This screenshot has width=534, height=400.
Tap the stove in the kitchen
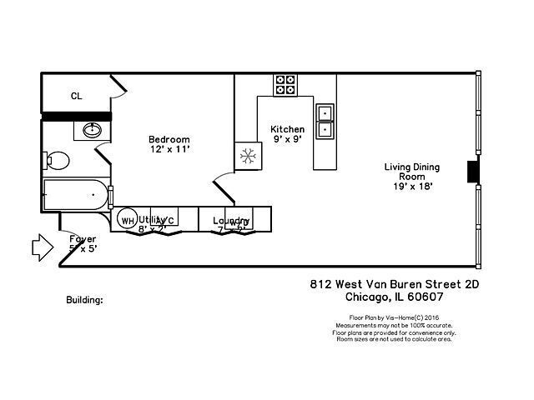[x=285, y=85]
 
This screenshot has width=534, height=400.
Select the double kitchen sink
[x=325, y=122]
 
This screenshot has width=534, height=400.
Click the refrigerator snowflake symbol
[x=247, y=156]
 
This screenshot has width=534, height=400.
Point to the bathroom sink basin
[x=91, y=130]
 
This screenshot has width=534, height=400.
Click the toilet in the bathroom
[x=56, y=159]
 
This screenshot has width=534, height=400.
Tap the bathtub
[x=75, y=196]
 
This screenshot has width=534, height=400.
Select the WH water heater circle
[x=127, y=221]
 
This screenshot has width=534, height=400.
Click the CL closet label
[x=76, y=96]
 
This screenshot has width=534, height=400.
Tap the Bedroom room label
[x=169, y=139]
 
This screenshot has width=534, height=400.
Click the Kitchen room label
[x=287, y=129]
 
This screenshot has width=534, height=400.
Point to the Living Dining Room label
[x=411, y=172]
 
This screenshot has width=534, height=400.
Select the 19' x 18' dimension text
[x=411, y=187]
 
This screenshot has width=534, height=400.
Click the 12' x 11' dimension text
[x=169, y=149]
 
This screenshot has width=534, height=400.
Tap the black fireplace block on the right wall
[x=473, y=171]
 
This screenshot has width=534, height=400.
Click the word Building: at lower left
[x=84, y=299]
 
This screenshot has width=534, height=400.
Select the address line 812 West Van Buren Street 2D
[x=394, y=283]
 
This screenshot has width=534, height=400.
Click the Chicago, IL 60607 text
[x=394, y=296]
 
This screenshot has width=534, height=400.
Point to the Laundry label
[x=231, y=221]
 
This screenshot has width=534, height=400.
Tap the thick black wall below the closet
[x=76, y=116]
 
